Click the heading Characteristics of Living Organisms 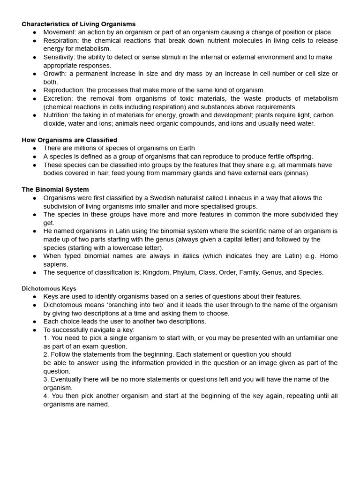click(78, 24)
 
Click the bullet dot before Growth click(35, 74)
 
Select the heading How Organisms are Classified click(69, 140)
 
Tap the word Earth click(186, 149)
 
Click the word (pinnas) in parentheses click(295, 173)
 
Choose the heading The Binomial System click(55, 190)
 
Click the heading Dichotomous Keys click(49, 289)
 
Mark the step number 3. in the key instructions click(46, 379)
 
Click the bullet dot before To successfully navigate click(35, 330)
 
